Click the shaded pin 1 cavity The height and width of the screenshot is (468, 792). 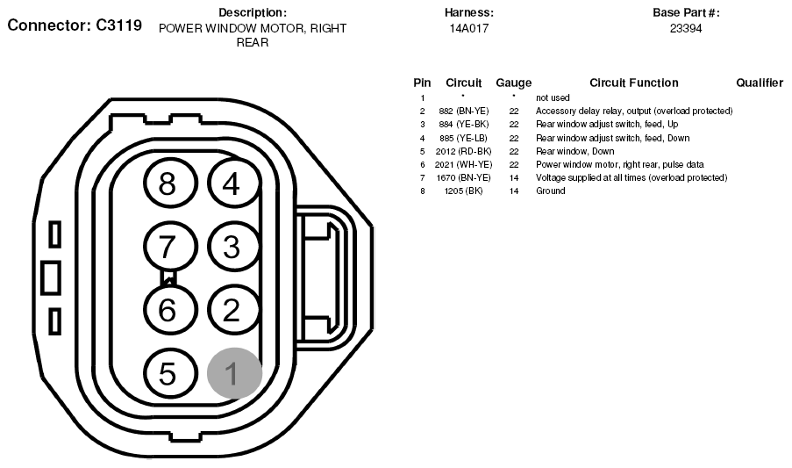(234, 373)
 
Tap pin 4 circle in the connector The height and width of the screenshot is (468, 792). (234, 183)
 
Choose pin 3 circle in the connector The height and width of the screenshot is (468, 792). (234, 247)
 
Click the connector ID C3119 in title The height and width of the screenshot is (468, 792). (118, 25)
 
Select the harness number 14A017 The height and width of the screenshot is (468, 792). (469, 29)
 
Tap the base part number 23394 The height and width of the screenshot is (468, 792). (686, 29)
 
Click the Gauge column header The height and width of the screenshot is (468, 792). (514, 83)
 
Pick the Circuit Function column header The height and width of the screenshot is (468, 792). (634, 83)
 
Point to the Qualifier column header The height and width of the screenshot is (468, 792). (760, 83)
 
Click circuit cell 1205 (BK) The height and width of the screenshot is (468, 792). (464, 191)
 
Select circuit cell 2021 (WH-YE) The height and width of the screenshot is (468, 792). (464, 165)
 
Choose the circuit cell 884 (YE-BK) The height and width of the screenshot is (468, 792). (464, 125)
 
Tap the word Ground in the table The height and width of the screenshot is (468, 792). (551, 191)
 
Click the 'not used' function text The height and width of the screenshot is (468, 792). (553, 98)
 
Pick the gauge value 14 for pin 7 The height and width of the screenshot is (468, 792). (514, 178)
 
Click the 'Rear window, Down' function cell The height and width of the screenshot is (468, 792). (574, 152)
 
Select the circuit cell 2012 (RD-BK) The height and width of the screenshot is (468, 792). (464, 152)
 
